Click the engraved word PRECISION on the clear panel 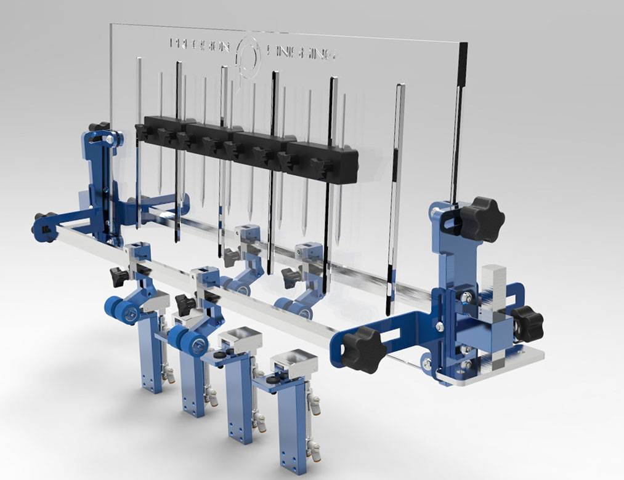(200, 45)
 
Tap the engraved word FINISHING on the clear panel (303, 53)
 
